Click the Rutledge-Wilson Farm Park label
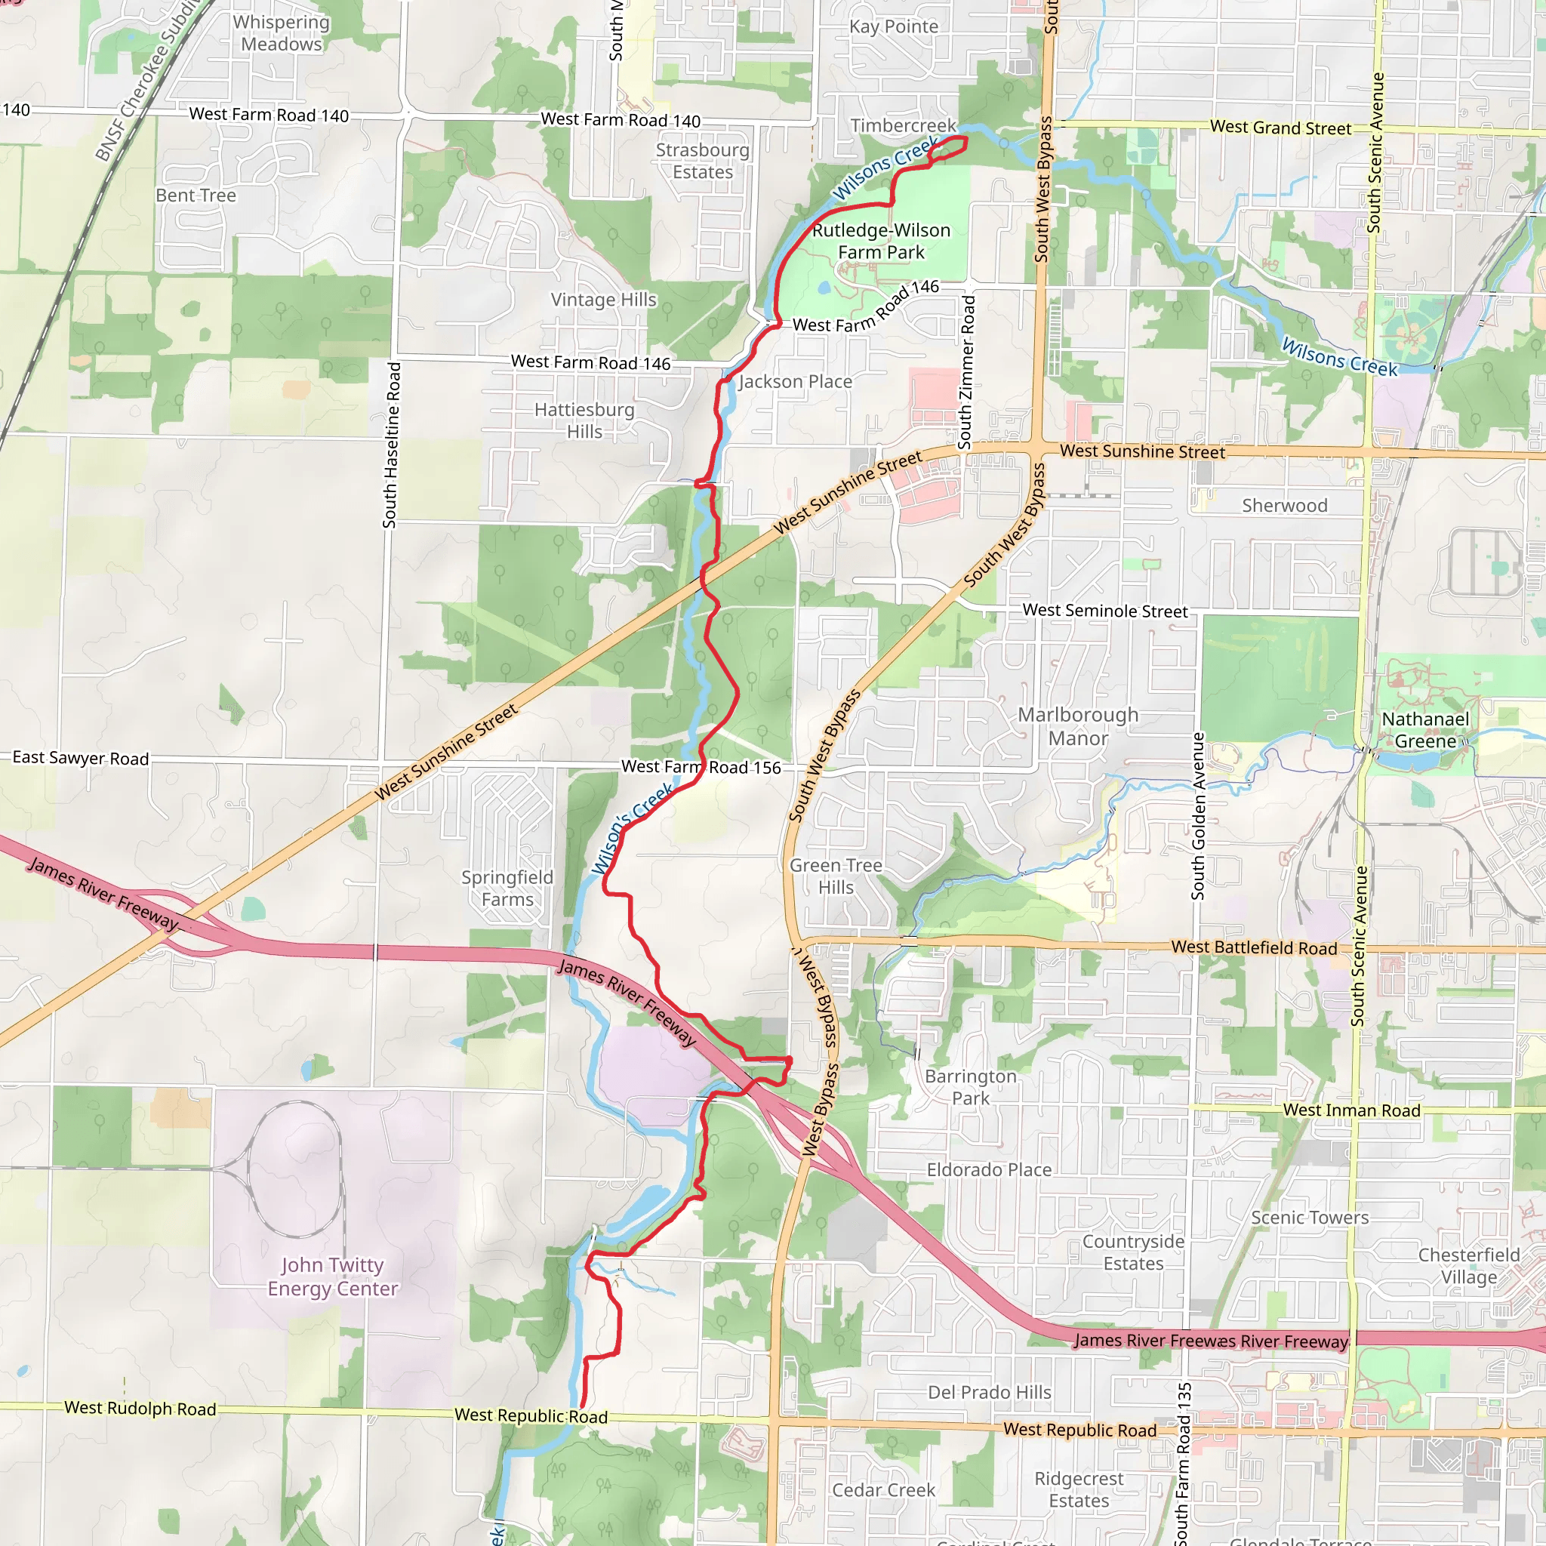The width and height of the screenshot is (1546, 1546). pyautogui.click(x=881, y=241)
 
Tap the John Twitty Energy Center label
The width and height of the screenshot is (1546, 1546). pyautogui.click(x=333, y=1277)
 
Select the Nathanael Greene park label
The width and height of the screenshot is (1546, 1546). pyautogui.click(x=1425, y=730)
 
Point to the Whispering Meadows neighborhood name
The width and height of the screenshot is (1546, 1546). pyautogui.click(x=281, y=32)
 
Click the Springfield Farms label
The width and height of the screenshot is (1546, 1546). pyautogui.click(x=507, y=888)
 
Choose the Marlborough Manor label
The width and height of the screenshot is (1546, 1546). pyautogui.click(x=1078, y=727)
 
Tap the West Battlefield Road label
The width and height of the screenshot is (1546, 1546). pyautogui.click(x=1254, y=947)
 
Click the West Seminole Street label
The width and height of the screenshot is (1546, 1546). pyautogui.click(x=1105, y=611)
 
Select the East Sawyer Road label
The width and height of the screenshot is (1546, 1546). pyautogui.click(x=81, y=758)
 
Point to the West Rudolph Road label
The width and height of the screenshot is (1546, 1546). pyautogui.click(x=140, y=1409)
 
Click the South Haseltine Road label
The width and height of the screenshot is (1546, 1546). pyautogui.click(x=390, y=445)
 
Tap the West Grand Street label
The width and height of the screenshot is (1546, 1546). pyautogui.click(x=1280, y=128)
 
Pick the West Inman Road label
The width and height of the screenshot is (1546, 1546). pyautogui.click(x=1351, y=1110)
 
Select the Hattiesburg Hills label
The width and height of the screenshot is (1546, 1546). pyautogui.click(x=584, y=420)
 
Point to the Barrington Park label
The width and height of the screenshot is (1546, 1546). pyautogui.click(x=970, y=1087)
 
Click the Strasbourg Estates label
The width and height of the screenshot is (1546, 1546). pyautogui.click(x=703, y=161)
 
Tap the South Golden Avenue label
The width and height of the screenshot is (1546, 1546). pyautogui.click(x=1198, y=815)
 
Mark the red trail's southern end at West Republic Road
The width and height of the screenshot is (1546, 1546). pyautogui.click(x=582, y=1405)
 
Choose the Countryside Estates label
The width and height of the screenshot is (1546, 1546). pyautogui.click(x=1133, y=1252)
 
